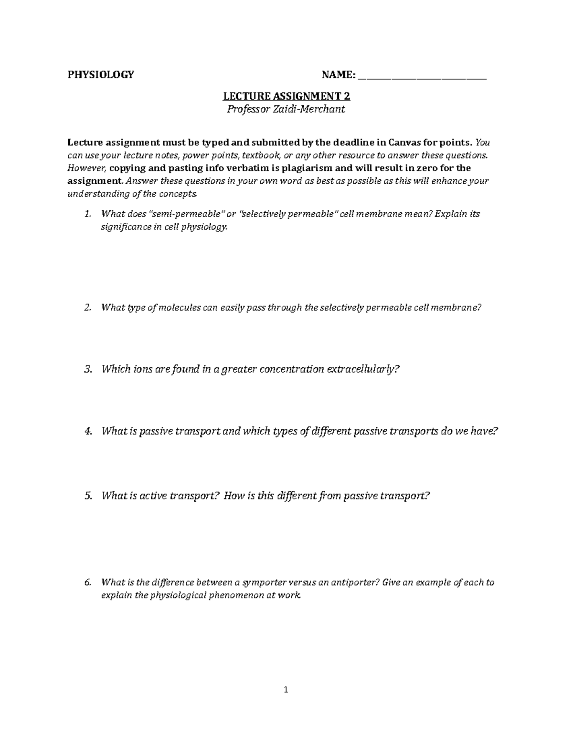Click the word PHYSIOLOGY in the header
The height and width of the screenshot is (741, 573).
point(101,74)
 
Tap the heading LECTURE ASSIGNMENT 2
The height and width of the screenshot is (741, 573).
point(286,96)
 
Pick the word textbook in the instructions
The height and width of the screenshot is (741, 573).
point(262,155)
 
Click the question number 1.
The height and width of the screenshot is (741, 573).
point(87,214)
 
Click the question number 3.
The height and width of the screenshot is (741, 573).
point(87,369)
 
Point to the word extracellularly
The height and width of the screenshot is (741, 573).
point(361,369)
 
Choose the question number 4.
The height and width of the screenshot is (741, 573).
point(87,431)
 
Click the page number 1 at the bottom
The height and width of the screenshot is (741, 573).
point(286,689)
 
